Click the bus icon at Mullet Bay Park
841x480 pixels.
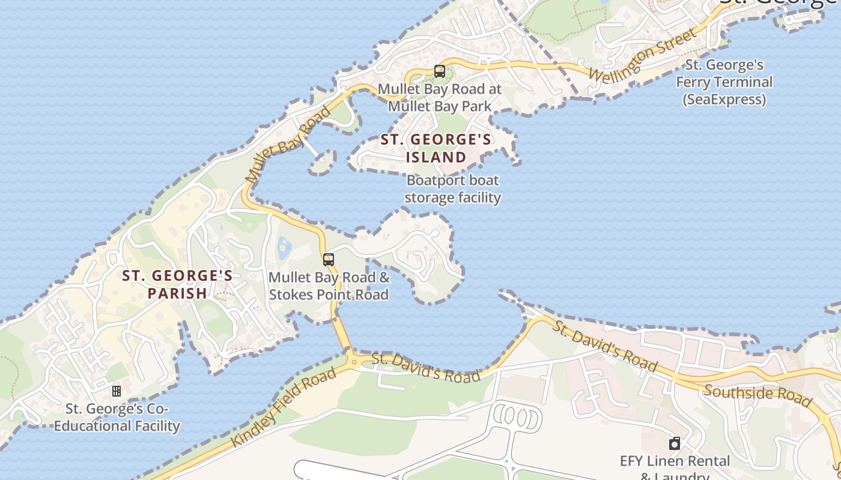[440, 71]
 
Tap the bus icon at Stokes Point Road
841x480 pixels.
[329, 260]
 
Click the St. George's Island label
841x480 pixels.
[436, 148]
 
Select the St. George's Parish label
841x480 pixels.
[177, 284]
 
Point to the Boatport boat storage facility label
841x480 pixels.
[453, 188]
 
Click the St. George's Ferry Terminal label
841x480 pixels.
[724, 82]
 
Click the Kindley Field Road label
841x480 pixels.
[284, 407]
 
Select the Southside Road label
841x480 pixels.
[758, 396]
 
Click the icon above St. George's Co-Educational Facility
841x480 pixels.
[117, 391]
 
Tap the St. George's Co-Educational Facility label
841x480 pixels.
[117, 418]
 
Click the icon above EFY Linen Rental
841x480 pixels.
[675, 444]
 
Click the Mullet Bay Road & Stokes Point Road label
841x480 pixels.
[329, 286]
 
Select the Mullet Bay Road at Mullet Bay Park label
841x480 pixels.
[440, 98]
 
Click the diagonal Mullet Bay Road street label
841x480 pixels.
[288, 145]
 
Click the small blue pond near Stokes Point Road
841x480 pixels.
[284, 248]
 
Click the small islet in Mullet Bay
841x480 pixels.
[323, 161]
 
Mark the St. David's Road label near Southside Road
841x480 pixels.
[606, 346]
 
